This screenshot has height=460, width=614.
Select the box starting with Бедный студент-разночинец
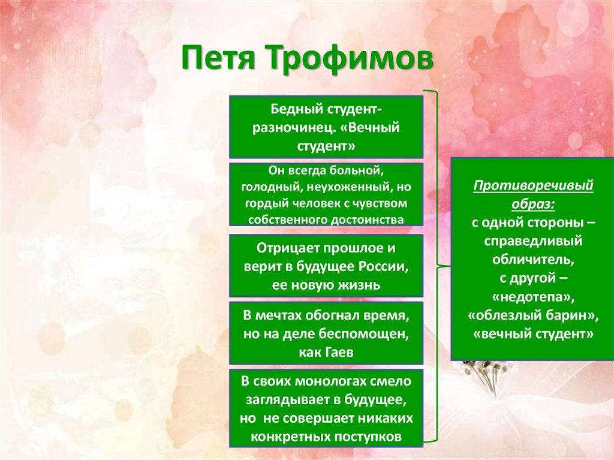coord(326,127)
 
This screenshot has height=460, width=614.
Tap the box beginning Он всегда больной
coord(326,194)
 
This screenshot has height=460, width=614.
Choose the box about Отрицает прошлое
coord(326,266)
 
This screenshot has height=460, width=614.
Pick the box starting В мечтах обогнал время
coord(326,333)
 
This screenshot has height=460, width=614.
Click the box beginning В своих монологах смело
coord(326,408)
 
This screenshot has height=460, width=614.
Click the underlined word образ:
coord(533,204)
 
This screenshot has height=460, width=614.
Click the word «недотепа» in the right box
coord(533,297)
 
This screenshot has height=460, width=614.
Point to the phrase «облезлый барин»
coord(533,315)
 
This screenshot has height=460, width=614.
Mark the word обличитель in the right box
coord(533,260)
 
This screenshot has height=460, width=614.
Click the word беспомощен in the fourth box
coord(366,333)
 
